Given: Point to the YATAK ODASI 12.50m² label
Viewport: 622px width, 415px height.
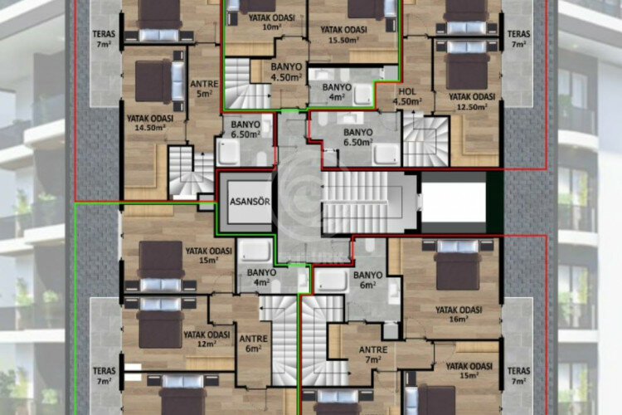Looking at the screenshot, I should (x=471, y=100).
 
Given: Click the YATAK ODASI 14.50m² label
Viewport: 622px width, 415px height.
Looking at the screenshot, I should (x=150, y=123).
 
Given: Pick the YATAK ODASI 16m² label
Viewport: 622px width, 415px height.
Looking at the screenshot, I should (x=457, y=313).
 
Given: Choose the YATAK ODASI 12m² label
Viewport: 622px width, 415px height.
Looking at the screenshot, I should (x=207, y=339).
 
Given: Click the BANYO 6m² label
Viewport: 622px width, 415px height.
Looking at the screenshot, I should (x=367, y=279).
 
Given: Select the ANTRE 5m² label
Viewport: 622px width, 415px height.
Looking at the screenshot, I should (x=204, y=88).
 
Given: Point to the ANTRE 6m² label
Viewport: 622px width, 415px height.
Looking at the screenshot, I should (x=253, y=342).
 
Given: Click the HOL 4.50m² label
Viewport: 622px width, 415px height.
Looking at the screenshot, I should (x=407, y=97).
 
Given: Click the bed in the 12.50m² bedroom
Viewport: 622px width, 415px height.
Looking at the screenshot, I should (x=467, y=68).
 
